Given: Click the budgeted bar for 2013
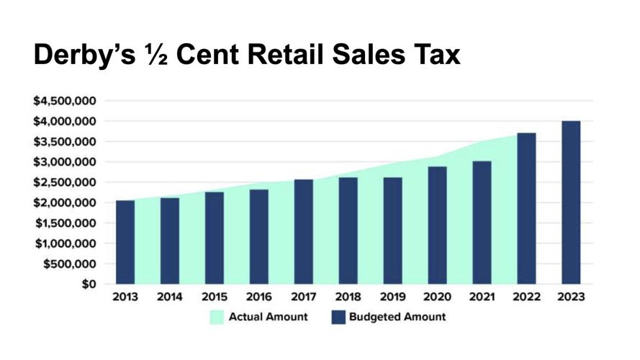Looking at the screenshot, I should (125, 242).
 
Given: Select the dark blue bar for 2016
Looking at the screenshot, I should (259, 237).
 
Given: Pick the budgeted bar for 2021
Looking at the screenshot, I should (482, 222).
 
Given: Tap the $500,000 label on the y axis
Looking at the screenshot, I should (71, 264).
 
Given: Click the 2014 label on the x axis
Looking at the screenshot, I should (170, 297).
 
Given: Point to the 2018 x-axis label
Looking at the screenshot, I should (348, 297).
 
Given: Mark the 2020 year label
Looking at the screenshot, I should (437, 297).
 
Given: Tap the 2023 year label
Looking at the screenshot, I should (570, 297).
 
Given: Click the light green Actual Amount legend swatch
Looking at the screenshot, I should (217, 317).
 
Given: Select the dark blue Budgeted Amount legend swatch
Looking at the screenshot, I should (338, 317).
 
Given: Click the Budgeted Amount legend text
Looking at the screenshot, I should (397, 317).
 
